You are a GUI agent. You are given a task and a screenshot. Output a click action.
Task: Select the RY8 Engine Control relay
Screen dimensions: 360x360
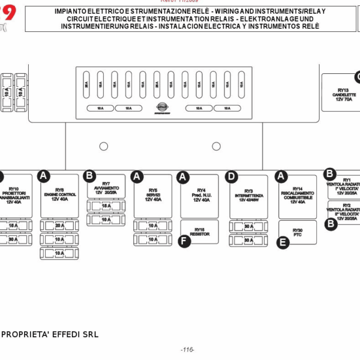point(59,196)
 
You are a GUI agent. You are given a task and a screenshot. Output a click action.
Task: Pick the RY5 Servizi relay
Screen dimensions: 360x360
point(152,196)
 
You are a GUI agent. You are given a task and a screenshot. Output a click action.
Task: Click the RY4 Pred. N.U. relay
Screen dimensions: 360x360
point(200,196)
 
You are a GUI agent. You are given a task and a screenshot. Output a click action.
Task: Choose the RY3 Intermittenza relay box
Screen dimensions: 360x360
point(248,196)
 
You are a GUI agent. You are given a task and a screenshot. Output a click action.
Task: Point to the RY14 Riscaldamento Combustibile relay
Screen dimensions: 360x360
point(298,196)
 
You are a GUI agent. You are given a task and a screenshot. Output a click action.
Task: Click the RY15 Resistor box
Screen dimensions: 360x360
point(200,231)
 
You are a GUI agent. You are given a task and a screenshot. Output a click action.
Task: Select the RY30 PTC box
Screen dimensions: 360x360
point(298,232)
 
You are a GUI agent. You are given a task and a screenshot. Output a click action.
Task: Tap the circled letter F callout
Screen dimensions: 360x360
point(184,241)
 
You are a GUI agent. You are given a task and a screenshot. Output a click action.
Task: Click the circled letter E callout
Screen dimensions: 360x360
point(283,242)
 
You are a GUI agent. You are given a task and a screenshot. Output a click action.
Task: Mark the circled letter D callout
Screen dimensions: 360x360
point(232,176)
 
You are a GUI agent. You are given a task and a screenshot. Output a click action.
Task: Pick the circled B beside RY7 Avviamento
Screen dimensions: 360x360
point(89,175)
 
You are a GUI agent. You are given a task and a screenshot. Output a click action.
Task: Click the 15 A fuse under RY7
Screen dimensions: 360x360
point(106,206)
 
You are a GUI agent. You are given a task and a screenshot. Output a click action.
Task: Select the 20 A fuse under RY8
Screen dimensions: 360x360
point(59,226)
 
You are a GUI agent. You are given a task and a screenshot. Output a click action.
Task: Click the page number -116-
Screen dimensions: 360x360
point(187,350)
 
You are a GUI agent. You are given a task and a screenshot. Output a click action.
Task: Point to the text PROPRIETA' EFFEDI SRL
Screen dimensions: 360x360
point(50,334)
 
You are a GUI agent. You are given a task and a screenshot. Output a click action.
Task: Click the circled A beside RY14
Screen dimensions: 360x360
point(281,176)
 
